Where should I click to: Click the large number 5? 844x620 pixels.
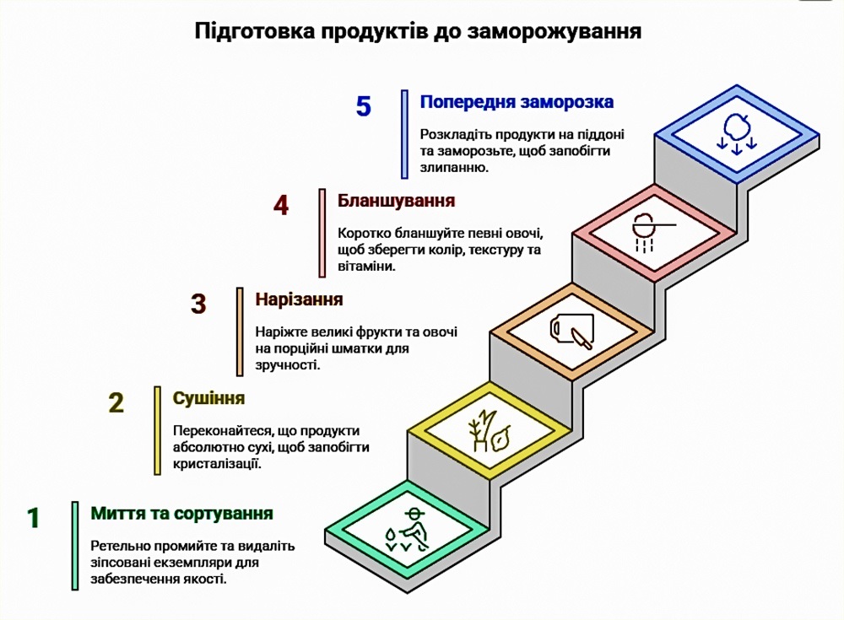pyautogui.click(x=363, y=106)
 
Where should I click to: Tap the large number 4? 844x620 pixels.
pyautogui.click(x=281, y=205)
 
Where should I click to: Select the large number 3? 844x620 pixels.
pyautogui.click(x=198, y=304)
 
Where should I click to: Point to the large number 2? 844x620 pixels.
pyautogui.click(x=116, y=403)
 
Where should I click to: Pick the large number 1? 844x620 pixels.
pyautogui.click(x=34, y=518)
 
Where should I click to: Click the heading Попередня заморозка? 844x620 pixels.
pyautogui.click(x=517, y=102)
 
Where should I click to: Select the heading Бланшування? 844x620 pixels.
pyautogui.click(x=396, y=201)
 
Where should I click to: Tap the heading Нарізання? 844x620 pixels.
pyautogui.click(x=299, y=299)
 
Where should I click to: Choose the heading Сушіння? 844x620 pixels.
pyautogui.click(x=208, y=398)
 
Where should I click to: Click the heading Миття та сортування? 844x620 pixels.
pyautogui.click(x=182, y=514)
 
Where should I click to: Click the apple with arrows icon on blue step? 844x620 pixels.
pyautogui.click(x=736, y=133)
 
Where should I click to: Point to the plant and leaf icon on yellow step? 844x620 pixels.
pyautogui.click(x=489, y=430)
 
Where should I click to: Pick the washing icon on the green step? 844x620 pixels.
pyautogui.click(x=408, y=530)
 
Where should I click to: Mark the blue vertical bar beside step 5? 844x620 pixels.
pyautogui.click(x=405, y=134)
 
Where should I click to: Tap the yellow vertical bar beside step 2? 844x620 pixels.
pyautogui.click(x=157, y=430)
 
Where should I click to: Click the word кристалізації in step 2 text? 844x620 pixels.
pyautogui.click(x=217, y=463)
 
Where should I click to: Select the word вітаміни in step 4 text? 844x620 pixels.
pyautogui.click(x=366, y=266)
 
